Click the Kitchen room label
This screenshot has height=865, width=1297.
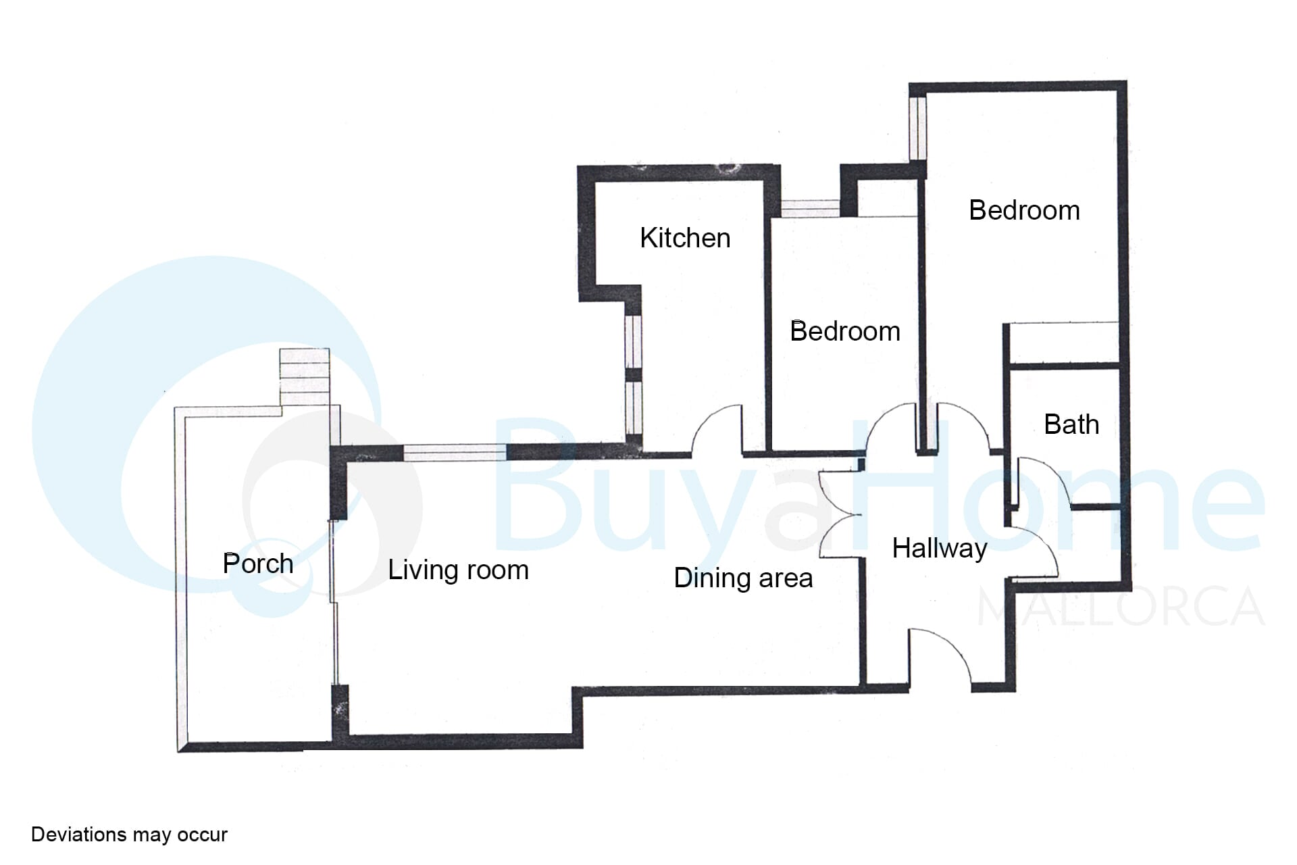tap(685, 238)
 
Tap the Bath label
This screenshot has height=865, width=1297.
tap(1071, 424)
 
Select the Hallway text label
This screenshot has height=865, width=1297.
tap(940, 548)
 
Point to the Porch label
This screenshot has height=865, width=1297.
tap(258, 564)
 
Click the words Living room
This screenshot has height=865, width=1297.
tap(458, 570)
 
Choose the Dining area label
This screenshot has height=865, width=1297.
tap(743, 578)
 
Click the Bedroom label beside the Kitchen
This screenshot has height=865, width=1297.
tap(845, 331)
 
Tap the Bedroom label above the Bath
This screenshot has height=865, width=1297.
tap(1024, 210)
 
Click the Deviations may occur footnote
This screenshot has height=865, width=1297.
tap(129, 835)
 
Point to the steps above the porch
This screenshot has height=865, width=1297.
tap(305, 377)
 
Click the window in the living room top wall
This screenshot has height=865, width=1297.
tap(455, 453)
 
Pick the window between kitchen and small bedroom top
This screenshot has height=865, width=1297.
tap(811, 208)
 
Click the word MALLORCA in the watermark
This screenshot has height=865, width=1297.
tap(1121, 607)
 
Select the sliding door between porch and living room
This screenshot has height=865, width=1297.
tap(332, 601)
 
